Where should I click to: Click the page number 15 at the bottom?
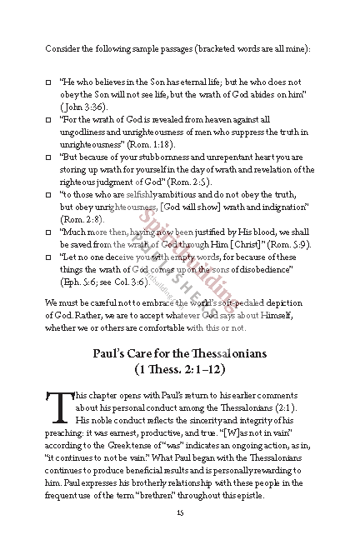[180, 512]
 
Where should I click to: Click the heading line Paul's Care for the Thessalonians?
[180, 352]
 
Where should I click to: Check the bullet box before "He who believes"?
[48, 84]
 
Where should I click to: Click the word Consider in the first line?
[62, 49]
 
